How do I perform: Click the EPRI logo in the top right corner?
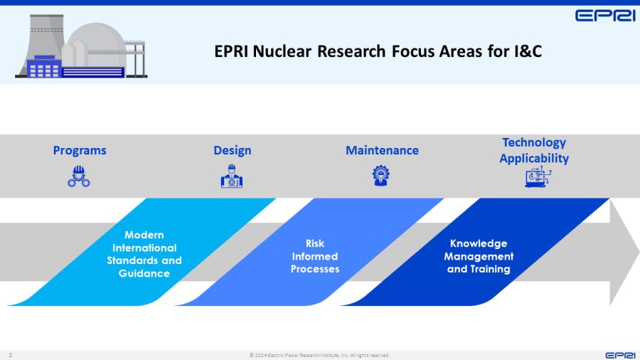point(604,15)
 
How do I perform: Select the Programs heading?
point(80,150)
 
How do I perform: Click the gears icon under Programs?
point(79,176)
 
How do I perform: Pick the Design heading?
point(232,150)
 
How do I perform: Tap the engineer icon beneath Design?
point(232,176)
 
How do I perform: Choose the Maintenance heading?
point(382,150)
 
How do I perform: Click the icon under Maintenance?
point(381,176)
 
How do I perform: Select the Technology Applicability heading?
point(534,150)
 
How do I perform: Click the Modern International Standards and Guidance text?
point(144,254)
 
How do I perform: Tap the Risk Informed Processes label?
point(314,256)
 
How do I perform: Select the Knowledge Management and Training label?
point(479,256)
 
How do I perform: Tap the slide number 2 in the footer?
point(11,355)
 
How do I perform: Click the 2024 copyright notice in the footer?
point(319,355)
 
